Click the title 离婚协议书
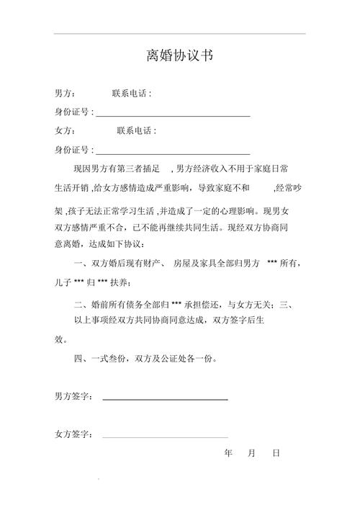(179, 56)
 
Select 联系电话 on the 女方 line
(136, 131)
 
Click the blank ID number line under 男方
(173, 114)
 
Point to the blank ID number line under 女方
(173, 151)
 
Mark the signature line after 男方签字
(165, 398)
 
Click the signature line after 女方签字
(165, 437)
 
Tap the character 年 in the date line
(228, 454)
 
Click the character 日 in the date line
(276, 454)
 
